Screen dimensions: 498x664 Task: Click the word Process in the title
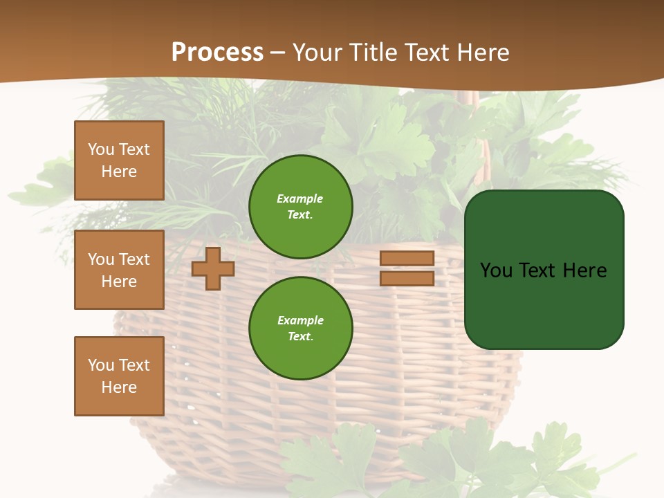pyautogui.click(x=217, y=53)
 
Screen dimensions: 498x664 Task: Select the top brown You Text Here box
pyautogui.click(x=119, y=160)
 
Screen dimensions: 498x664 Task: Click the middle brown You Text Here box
pyautogui.click(x=119, y=270)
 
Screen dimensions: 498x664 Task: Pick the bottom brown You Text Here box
pyautogui.click(x=119, y=376)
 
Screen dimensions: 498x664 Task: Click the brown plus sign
pyautogui.click(x=213, y=268)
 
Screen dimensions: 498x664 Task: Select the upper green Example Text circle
pyautogui.click(x=301, y=207)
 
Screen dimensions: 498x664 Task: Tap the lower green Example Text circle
pyautogui.click(x=301, y=329)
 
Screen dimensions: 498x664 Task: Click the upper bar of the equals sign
pyautogui.click(x=407, y=259)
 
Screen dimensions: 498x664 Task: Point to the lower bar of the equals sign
pyautogui.click(x=407, y=279)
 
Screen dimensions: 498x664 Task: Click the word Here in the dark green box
pyautogui.click(x=585, y=270)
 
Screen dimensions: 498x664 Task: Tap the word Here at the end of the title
pyautogui.click(x=483, y=53)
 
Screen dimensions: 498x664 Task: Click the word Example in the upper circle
pyautogui.click(x=300, y=199)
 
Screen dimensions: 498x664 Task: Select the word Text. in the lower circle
pyautogui.click(x=301, y=337)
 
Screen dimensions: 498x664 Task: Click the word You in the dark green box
pyautogui.click(x=497, y=270)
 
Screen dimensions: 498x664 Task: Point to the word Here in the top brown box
pyautogui.click(x=119, y=172)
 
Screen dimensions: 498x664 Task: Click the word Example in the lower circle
pyautogui.click(x=301, y=321)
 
